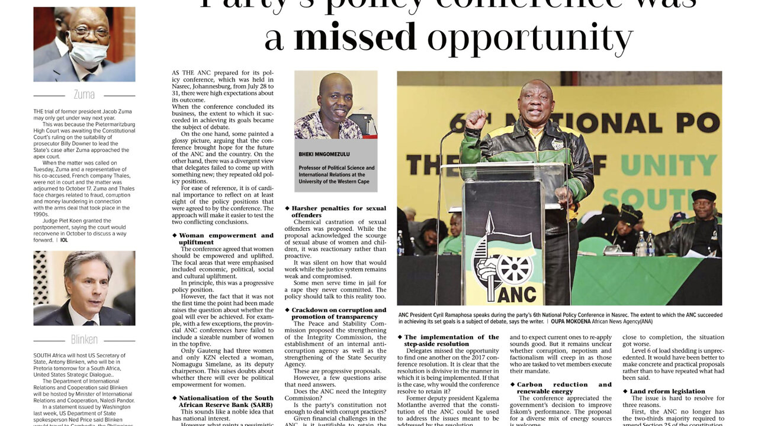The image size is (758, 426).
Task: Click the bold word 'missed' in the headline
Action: pos(355,38)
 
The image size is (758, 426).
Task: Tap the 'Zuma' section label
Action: pos(84,95)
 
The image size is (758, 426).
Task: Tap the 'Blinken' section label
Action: pos(84,340)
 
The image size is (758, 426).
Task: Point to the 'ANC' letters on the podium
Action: pos(513,293)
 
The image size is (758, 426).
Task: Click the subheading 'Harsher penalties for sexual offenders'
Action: pos(338,211)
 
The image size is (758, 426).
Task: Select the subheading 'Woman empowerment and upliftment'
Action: pos(226,238)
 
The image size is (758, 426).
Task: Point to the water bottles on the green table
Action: pos(645,244)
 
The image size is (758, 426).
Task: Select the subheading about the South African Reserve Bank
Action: pos(226,402)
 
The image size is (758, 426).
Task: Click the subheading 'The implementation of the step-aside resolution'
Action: pos(451,340)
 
